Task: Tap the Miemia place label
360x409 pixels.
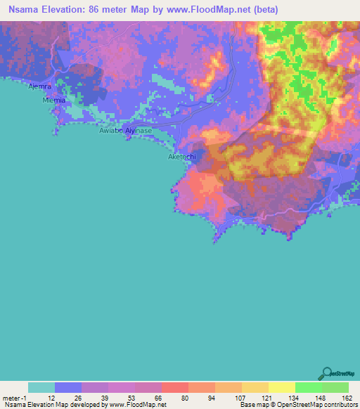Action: (54, 100)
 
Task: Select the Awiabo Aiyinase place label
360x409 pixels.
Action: (125, 131)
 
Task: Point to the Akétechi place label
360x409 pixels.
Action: (181, 157)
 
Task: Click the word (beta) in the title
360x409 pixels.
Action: (266, 10)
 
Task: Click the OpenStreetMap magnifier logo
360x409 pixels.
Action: (326, 373)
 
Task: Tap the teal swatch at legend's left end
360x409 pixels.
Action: (41, 387)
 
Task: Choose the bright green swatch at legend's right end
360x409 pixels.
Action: (335, 387)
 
